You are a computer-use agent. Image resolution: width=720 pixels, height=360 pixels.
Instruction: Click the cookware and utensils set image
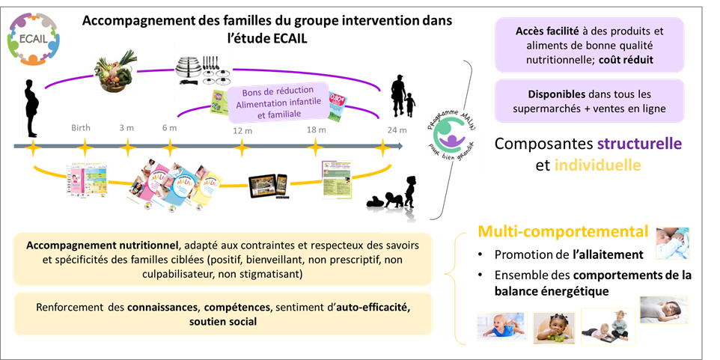(x=203, y=70)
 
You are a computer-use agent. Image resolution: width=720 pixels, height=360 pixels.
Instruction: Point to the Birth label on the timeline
(x=81, y=127)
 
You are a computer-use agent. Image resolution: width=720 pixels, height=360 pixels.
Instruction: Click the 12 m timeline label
(x=240, y=129)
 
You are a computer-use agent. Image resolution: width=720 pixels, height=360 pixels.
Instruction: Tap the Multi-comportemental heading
(x=563, y=232)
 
